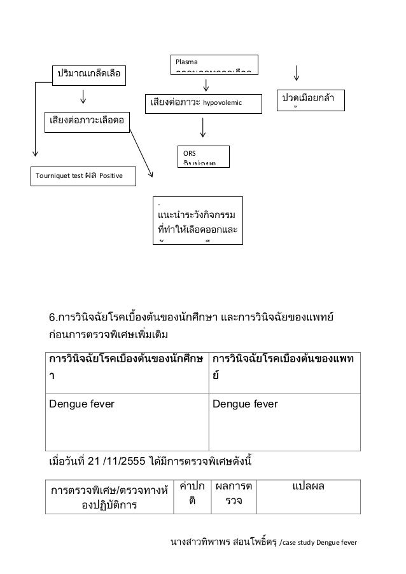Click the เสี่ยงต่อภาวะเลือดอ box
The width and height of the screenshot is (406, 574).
(87, 119)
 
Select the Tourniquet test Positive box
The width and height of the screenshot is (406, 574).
(84, 175)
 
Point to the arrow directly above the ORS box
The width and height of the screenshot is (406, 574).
(203, 127)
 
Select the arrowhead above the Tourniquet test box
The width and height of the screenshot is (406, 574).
(35, 153)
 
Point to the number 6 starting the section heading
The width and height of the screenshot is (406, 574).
(53, 317)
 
